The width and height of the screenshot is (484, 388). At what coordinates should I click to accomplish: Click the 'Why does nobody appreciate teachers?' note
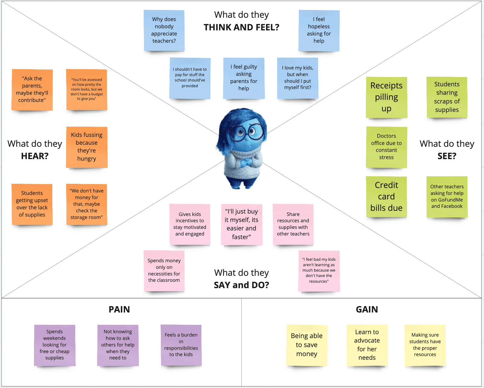click(164, 30)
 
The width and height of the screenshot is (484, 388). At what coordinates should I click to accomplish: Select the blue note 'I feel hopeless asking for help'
click(319, 30)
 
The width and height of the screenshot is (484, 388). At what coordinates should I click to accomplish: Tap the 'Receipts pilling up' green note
click(386, 97)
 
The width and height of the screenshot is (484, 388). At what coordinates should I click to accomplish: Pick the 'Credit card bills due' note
click(386, 196)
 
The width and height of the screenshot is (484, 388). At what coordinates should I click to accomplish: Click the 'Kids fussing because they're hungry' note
click(87, 147)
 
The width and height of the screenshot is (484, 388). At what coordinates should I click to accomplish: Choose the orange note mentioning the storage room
click(87, 204)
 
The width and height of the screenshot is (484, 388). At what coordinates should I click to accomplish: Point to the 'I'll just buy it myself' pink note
click(241, 224)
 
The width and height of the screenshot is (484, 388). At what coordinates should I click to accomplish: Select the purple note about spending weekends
click(54, 345)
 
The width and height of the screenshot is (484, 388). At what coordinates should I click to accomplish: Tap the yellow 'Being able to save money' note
click(307, 345)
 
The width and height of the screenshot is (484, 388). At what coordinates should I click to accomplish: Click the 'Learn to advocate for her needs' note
click(367, 345)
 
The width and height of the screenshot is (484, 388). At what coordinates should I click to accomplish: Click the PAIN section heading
click(119, 309)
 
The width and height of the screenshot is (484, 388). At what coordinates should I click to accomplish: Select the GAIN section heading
click(367, 309)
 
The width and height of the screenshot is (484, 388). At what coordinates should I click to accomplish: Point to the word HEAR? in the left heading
click(35, 156)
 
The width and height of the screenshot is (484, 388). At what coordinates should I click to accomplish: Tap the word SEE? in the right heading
click(447, 156)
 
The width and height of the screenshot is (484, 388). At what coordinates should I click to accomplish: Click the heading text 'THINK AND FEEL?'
click(241, 27)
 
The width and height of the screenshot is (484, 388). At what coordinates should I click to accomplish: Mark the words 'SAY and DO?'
click(241, 285)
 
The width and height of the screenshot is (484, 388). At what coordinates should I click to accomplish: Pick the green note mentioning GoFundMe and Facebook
click(447, 196)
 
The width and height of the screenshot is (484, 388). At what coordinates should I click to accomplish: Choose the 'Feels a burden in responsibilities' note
click(181, 345)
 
